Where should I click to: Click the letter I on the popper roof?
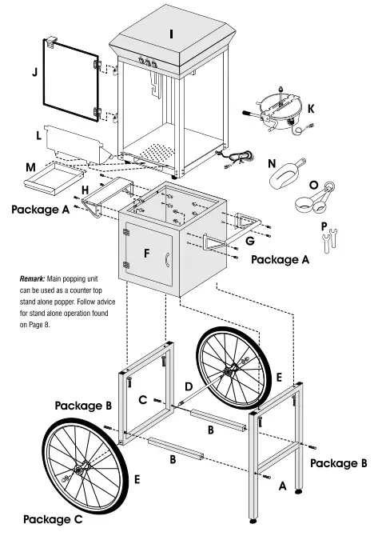[x=171, y=34]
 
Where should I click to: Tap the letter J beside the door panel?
[x=34, y=72]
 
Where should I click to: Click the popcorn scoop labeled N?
[x=287, y=174]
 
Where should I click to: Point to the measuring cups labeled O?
[x=315, y=198]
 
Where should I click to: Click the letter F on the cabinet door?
[x=147, y=254]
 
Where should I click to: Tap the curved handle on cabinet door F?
[x=167, y=259]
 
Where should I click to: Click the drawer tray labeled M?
[x=54, y=178]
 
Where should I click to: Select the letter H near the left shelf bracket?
[x=85, y=190]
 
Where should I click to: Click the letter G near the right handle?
[x=250, y=241]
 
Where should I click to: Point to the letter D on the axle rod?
[x=189, y=386]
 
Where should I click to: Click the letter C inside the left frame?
[x=143, y=400]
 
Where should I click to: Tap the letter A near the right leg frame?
[x=282, y=486]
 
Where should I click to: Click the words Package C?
[x=53, y=519]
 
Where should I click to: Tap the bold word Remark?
[x=32, y=278]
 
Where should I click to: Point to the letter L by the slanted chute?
[x=38, y=136]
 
